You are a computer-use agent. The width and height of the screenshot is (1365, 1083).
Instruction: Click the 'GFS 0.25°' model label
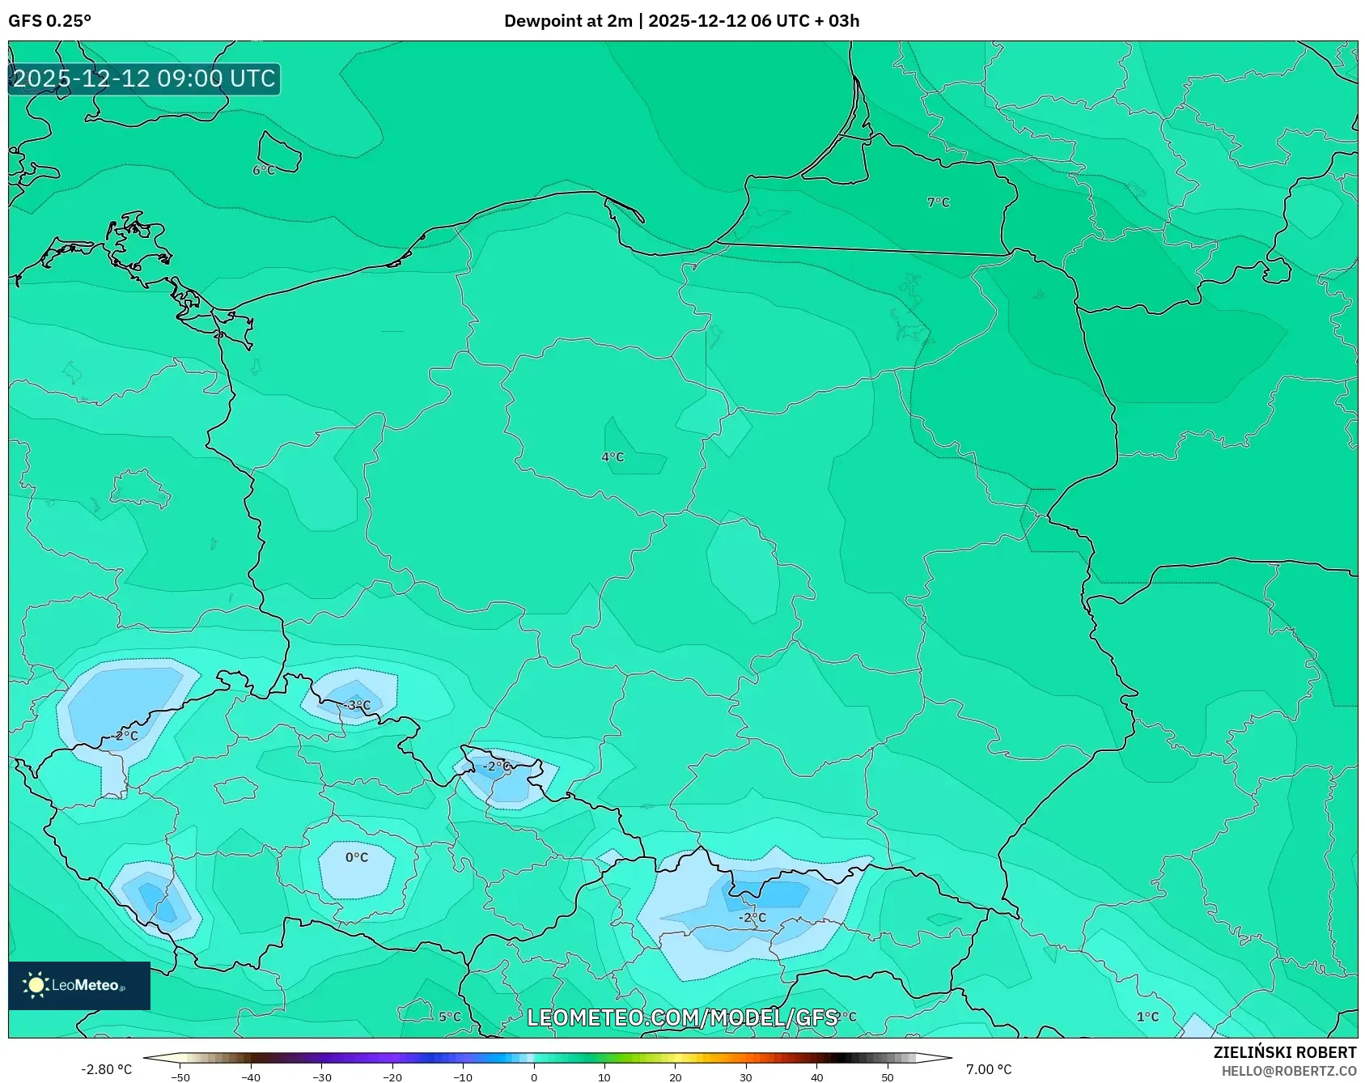tap(49, 21)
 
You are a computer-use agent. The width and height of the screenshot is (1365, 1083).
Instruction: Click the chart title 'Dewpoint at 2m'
tap(567, 21)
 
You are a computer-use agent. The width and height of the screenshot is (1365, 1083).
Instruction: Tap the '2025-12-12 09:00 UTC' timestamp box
tap(144, 79)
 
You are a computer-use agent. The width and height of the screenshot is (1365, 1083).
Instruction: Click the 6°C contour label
tap(264, 170)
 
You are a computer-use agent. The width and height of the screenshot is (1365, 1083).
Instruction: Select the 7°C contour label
tap(938, 202)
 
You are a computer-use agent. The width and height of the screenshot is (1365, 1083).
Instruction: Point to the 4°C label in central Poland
tap(613, 457)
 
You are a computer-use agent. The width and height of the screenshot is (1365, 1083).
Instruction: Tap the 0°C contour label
tap(357, 857)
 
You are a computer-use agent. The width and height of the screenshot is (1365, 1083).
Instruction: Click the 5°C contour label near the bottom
tap(450, 1017)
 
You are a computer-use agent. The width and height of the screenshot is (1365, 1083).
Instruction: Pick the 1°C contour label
tap(1147, 1017)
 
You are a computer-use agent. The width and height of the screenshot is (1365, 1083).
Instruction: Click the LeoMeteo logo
tap(78, 985)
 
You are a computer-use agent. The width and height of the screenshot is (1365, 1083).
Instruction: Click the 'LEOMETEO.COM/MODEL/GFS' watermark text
tap(681, 1017)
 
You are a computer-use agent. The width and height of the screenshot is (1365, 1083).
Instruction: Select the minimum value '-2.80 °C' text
tap(106, 1069)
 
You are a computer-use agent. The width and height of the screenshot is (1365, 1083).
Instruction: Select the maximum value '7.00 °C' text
tap(989, 1069)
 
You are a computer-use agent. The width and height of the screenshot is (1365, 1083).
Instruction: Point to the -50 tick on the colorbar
tap(180, 1077)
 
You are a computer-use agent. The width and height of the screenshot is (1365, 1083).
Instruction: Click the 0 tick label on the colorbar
tap(533, 1077)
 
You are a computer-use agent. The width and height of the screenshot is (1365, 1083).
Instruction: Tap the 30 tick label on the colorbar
tap(745, 1077)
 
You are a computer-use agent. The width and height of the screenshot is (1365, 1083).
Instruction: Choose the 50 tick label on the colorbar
tap(887, 1077)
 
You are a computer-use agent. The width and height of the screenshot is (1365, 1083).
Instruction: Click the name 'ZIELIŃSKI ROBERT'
tap(1284, 1052)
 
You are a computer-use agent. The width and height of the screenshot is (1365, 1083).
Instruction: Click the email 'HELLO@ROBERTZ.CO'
tap(1288, 1071)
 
